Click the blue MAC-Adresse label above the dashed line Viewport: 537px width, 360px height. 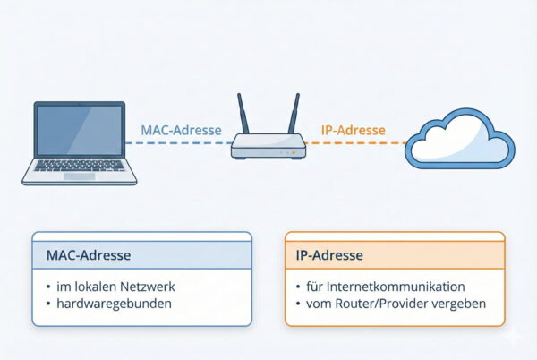point(181,130)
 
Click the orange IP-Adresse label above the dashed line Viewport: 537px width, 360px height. point(353,130)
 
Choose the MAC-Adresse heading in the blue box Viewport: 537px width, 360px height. point(88,255)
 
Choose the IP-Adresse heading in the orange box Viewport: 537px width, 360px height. point(328,255)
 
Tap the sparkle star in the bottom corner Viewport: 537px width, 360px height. point(514,337)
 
